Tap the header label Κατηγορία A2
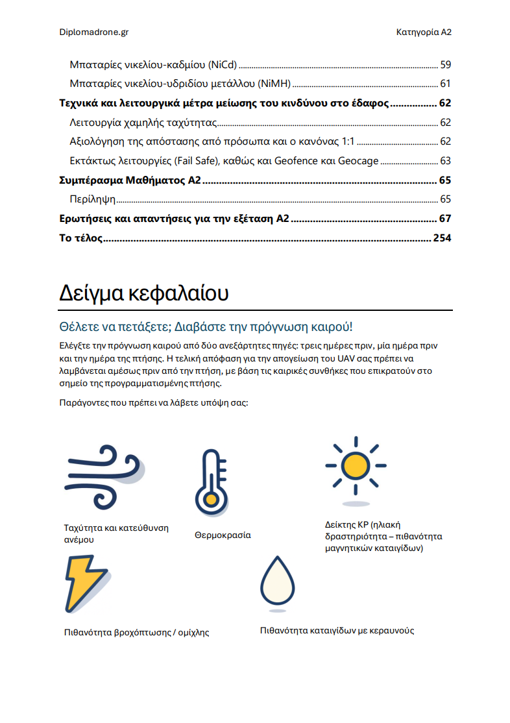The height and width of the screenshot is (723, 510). tap(423, 31)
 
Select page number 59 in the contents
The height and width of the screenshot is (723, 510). tap(445, 65)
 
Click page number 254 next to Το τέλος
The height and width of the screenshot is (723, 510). tap(442, 238)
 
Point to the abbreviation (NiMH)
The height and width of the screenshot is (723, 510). tap(273, 84)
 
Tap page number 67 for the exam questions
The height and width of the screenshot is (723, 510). tap(445, 219)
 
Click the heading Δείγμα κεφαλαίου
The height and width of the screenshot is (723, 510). tap(143, 293)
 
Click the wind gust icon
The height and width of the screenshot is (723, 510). tap(104, 476)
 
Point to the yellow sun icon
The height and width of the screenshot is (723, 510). tap(356, 466)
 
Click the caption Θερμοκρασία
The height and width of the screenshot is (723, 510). tap(223, 535)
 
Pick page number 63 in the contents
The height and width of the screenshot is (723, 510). tap(445, 161)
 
